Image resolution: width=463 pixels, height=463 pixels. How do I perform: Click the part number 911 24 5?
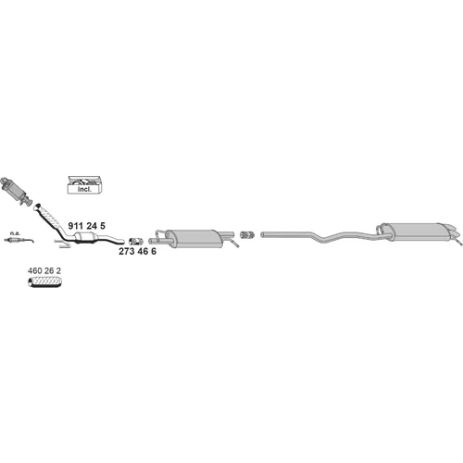[86, 226]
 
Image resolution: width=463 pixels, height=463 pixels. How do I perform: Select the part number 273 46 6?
[137, 251]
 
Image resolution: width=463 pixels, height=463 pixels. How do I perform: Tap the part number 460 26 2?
[44, 270]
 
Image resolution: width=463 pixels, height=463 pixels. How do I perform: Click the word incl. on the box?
[84, 189]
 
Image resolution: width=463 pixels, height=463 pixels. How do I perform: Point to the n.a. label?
[15, 233]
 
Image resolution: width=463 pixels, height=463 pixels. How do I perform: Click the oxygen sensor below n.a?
[19, 240]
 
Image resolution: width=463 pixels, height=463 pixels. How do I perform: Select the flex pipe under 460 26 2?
[45, 282]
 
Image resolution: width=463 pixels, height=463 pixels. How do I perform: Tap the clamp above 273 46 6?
[136, 241]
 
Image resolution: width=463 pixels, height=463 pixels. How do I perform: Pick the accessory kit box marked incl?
[84, 185]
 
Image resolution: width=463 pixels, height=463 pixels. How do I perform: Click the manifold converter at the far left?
[16, 191]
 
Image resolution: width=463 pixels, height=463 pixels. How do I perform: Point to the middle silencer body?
[194, 238]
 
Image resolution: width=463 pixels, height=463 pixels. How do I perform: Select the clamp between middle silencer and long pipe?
[247, 234]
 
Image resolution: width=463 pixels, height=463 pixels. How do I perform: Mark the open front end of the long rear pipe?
[262, 234]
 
